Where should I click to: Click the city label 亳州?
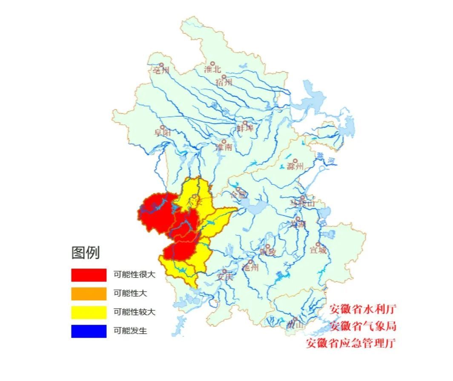[x=161, y=70]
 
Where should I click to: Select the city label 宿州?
[x=224, y=82]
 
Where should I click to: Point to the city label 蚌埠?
[x=245, y=128]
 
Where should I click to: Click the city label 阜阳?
[x=163, y=133]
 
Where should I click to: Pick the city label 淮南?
[x=224, y=147]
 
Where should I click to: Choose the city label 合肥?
[x=238, y=195]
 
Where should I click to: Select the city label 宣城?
[x=318, y=250]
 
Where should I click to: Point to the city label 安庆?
[x=225, y=276]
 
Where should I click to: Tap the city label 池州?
[x=250, y=267]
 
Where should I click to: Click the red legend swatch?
[x=89, y=275]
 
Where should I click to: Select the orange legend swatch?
[x=89, y=294]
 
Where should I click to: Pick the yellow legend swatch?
[x=89, y=312]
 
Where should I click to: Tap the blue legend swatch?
[x=89, y=331]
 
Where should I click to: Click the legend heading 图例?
[x=86, y=253]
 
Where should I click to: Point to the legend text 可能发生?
[x=130, y=331]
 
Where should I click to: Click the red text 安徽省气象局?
[x=363, y=327]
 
